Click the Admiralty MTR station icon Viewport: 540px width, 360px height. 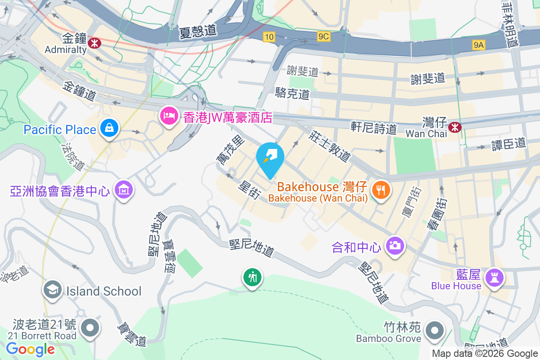point(94,43)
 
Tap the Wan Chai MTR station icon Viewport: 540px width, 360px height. point(455,127)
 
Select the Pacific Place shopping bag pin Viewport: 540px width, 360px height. point(109,128)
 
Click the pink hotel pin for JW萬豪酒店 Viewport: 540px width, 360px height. point(169,116)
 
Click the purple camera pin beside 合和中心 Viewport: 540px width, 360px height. point(395,246)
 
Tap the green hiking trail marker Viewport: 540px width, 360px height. point(252,277)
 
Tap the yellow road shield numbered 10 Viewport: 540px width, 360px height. point(269,37)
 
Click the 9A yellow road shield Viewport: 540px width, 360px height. point(479,45)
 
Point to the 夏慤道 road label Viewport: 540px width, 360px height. point(198,31)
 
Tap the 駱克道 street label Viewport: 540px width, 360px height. point(292,94)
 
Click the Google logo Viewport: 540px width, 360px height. point(30,349)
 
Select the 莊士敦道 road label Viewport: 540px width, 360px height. point(329,146)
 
